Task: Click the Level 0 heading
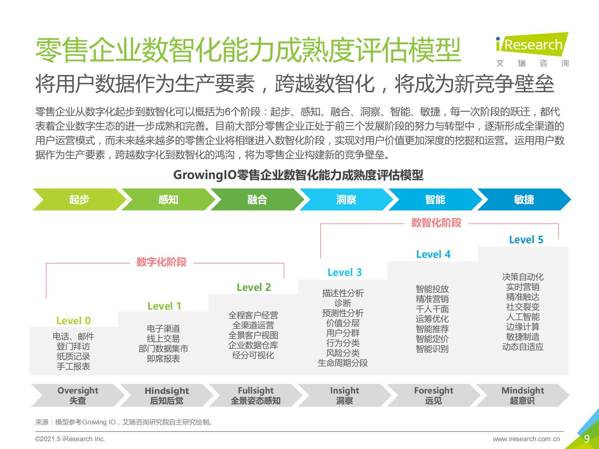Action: pos(74,321)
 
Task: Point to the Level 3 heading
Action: pos(345,272)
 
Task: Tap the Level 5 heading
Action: pos(526,239)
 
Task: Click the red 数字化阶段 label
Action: pos(162,262)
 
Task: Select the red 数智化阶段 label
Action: pos(436,223)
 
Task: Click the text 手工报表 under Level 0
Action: pos(73,366)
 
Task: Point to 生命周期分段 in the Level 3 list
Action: pos(343,363)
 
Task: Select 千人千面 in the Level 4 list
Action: pos(432,309)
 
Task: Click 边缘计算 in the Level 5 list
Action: pos(523,327)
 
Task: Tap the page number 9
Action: pos(587,439)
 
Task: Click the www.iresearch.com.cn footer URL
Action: pos(526,439)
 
